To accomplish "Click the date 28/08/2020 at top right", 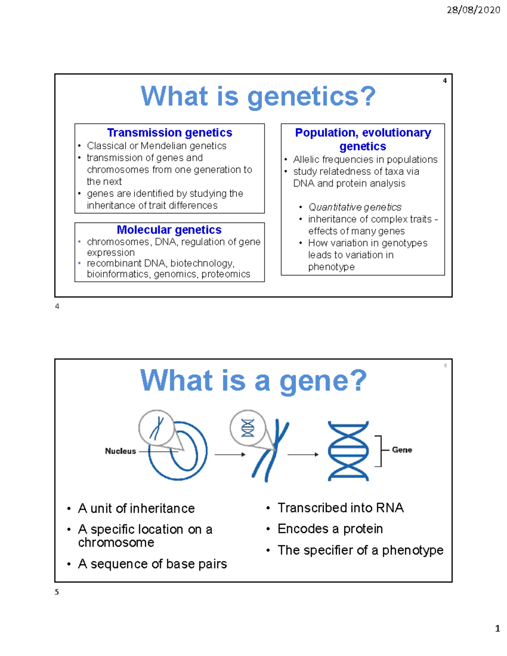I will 473,10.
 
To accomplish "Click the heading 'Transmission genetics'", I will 169,133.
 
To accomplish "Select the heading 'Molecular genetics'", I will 169,230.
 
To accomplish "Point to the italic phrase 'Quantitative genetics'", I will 354,207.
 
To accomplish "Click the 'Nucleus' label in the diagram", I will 120,451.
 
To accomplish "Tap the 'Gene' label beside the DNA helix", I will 402,450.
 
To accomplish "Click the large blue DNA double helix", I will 349,451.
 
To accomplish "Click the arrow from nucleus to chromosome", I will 230,455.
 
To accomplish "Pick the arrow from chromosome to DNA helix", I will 303,455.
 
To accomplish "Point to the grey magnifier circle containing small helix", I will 248,427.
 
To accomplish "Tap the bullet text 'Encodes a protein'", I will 330,529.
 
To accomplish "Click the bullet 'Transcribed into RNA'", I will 341,508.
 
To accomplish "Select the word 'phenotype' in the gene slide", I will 413,550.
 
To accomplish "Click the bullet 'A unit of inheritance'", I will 136,509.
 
